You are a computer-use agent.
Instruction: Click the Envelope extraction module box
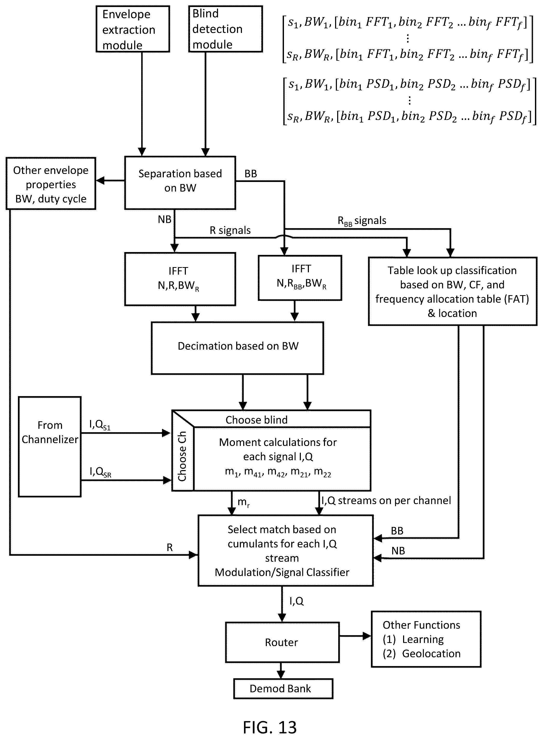click(x=133, y=29)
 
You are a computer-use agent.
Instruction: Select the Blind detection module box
click(x=226, y=29)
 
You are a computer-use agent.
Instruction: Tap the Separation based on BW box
click(x=180, y=183)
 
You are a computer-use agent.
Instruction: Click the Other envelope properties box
click(x=51, y=184)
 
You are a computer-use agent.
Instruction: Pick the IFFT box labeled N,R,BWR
click(x=180, y=279)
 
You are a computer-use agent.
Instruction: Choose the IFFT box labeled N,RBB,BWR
click(x=300, y=278)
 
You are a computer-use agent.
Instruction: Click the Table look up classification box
click(x=453, y=291)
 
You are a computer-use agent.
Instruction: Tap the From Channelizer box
click(x=50, y=446)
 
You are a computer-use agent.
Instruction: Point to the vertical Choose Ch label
click(x=182, y=456)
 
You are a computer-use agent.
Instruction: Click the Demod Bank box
click(x=283, y=688)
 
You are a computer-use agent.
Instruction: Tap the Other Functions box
click(x=426, y=639)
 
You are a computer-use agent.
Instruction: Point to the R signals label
click(x=230, y=230)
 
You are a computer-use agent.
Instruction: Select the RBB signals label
click(x=362, y=221)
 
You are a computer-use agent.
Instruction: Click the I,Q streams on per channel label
click(x=386, y=501)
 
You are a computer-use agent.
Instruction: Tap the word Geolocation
click(x=431, y=654)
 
